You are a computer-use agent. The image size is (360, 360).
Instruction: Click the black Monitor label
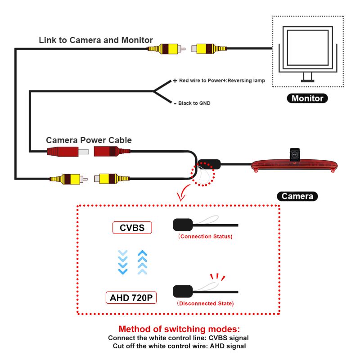click(x=307, y=99)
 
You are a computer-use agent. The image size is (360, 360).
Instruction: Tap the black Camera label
click(x=297, y=196)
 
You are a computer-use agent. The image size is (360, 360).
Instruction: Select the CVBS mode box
click(x=132, y=228)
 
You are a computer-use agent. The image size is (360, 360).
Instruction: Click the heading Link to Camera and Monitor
click(x=96, y=40)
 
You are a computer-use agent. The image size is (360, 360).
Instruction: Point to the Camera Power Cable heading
click(x=89, y=140)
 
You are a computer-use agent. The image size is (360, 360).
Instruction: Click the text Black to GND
click(x=194, y=103)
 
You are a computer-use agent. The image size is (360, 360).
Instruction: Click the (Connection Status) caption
click(x=205, y=236)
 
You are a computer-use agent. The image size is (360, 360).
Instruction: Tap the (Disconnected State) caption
click(x=206, y=303)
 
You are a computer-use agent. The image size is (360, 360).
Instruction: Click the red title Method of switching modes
click(x=179, y=329)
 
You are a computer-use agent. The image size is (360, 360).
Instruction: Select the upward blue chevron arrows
click(x=143, y=262)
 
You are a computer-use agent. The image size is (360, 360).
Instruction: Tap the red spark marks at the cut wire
click(x=218, y=276)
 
